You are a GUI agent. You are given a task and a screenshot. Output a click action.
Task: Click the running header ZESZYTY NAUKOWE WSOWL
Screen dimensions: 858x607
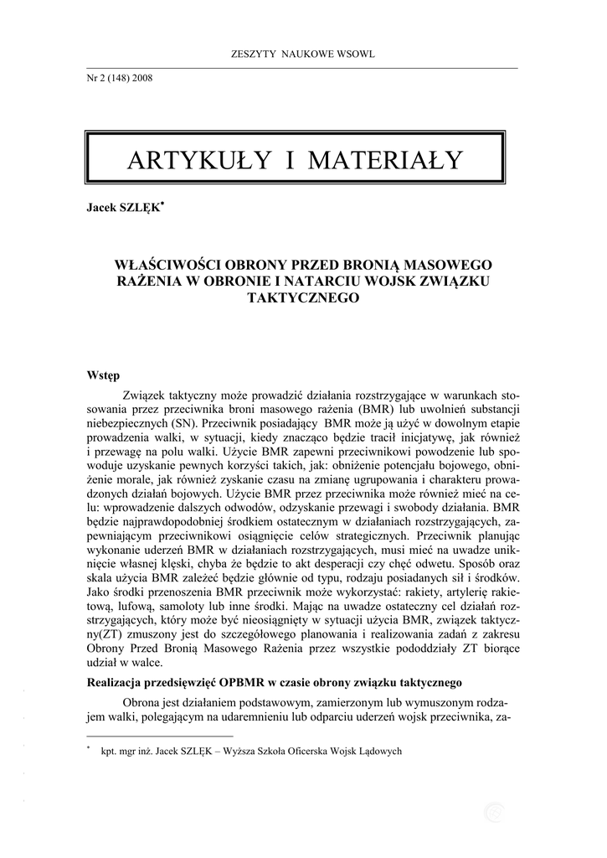(x=302, y=54)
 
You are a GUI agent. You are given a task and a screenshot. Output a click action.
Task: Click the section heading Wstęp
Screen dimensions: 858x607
(x=104, y=375)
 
